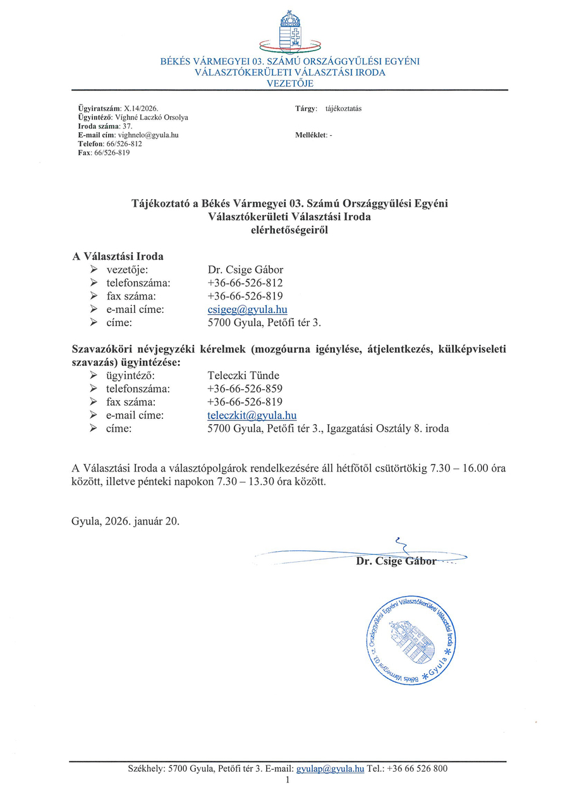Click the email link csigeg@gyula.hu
(247, 310)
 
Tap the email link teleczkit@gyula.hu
(252, 415)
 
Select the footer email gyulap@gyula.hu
(330, 769)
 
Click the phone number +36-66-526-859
(245, 389)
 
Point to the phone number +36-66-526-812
(245, 283)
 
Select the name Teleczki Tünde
(243, 375)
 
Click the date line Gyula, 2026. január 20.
(126, 521)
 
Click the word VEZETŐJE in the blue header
(290, 83)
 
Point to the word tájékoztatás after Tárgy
(343, 109)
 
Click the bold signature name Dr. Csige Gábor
(396, 561)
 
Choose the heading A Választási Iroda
(118, 257)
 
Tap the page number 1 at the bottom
(287, 781)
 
